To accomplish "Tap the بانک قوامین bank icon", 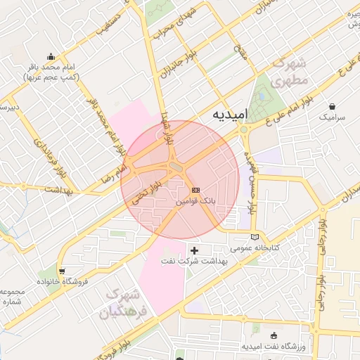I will coord(195,190).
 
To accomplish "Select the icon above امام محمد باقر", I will coord(51,57).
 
